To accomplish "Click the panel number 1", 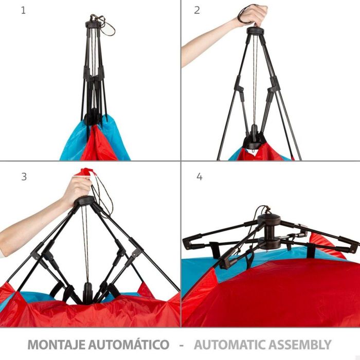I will point(23,10).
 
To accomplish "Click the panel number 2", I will point(197,10).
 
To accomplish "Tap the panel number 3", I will point(24,176).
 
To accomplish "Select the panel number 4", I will point(199,176).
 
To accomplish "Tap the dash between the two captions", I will point(181,344).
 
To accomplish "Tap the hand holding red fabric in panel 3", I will point(77,188).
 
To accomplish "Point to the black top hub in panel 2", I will point(255,30).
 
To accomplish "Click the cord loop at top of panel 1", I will point(107,23).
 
